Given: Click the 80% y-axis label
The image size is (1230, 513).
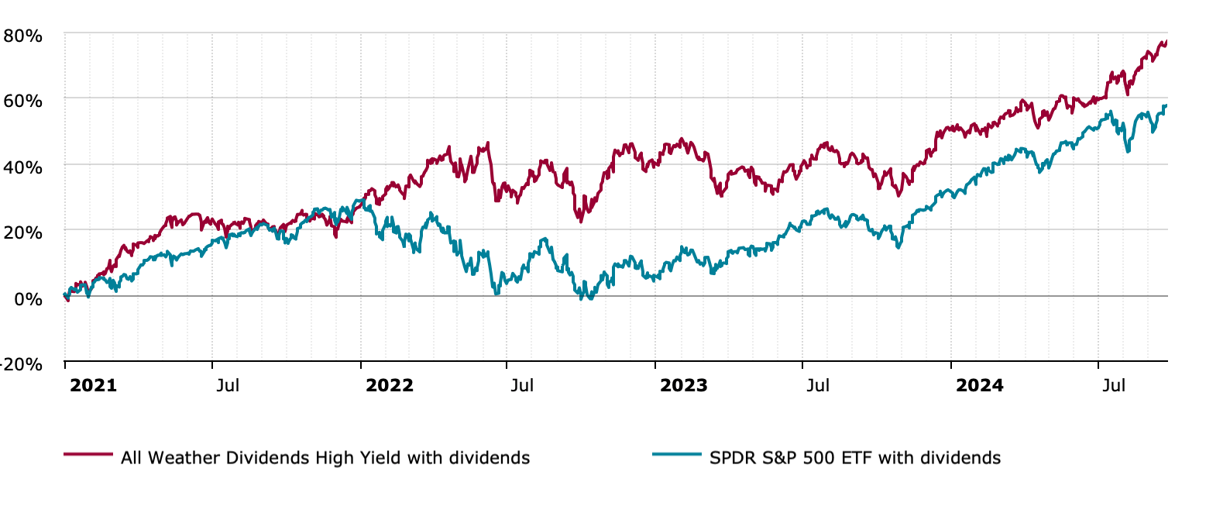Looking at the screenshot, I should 22,36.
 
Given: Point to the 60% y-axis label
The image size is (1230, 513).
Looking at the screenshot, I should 22,101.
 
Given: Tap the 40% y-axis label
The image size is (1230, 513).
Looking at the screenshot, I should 22,167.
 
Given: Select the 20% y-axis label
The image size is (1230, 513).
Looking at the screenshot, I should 22,232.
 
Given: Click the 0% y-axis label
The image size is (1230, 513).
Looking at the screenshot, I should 28,298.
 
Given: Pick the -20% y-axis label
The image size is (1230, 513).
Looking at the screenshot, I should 21,364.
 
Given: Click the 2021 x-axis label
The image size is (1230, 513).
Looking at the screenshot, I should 93,385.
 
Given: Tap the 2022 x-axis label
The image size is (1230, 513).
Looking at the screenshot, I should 389,385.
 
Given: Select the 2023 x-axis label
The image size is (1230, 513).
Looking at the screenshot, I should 683,385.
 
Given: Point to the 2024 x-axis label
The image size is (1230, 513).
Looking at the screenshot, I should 979,385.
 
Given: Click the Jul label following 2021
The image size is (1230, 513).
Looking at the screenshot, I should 228,385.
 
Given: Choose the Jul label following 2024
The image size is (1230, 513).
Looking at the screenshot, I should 1114,385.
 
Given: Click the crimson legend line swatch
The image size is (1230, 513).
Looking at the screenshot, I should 88,454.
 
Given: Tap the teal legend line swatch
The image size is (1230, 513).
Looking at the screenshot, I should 676,454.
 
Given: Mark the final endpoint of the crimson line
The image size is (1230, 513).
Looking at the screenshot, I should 1166,42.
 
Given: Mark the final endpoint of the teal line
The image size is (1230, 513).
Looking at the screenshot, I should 1166,106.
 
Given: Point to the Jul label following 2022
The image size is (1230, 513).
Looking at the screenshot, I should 522,385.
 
